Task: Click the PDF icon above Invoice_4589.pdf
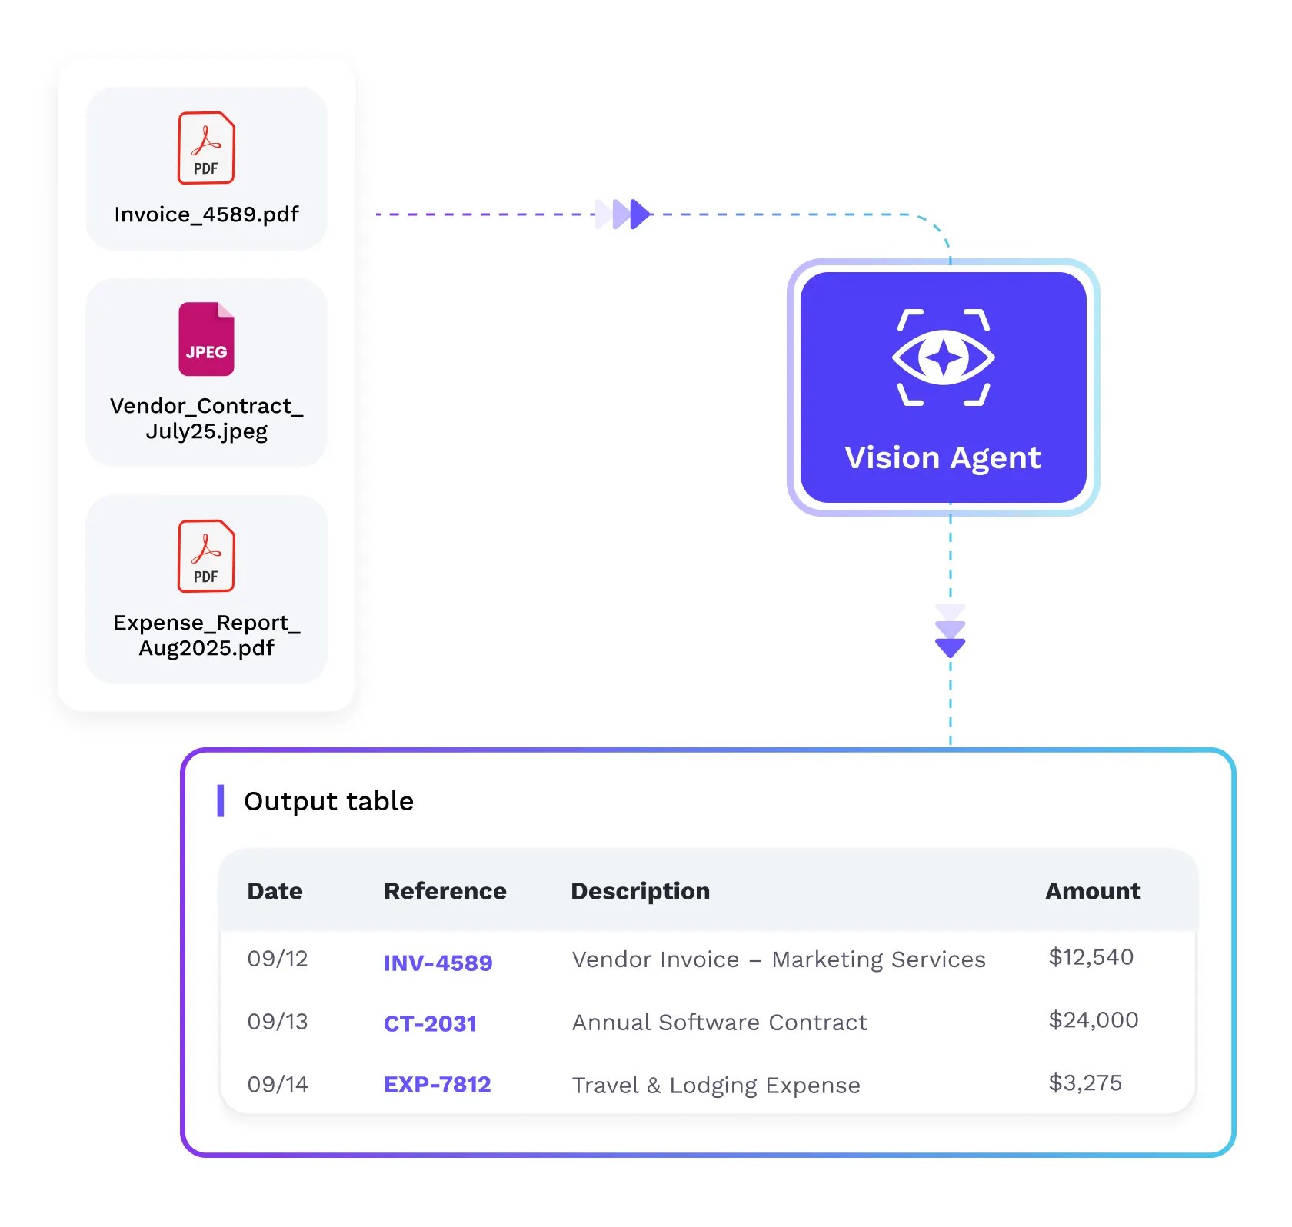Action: coord(206,148)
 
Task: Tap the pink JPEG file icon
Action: coord(206,339)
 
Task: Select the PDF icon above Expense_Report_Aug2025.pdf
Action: coord(206,556)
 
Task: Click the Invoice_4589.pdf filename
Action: coord(206,214)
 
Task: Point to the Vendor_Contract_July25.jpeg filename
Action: coord(206,418)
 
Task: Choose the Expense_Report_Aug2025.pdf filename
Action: coord(206,635)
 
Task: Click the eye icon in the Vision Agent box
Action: coord(944,357)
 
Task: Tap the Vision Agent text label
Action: coord(943,458)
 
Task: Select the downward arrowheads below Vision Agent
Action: coord(951,631)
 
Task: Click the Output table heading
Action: coord(328,801)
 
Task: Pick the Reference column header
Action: coord(445,891)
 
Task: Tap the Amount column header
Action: coord(1093,891)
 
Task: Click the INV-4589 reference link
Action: coord(438,963)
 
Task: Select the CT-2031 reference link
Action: coord(430,1024)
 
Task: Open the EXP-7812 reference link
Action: coord(437,1085)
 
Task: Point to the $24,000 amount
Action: coord(1093,1020)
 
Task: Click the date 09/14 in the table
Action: coord(278,1085)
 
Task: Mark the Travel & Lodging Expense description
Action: coord(716,1086)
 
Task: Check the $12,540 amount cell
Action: coord(1091,957)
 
